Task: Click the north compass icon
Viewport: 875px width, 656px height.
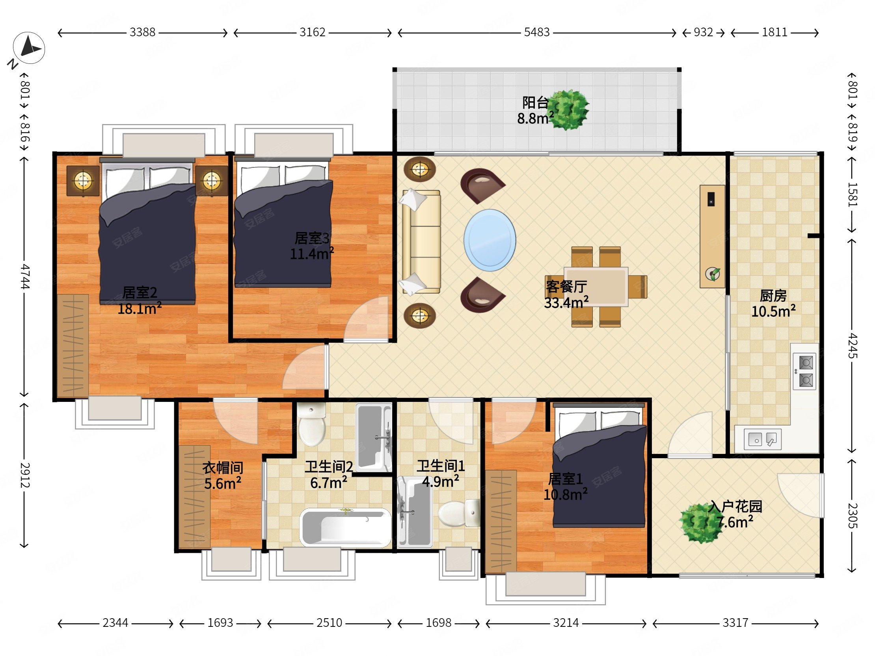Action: (29, 48)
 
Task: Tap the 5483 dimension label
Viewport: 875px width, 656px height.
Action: (537, 32)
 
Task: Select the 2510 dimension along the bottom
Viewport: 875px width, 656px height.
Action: (329, 623)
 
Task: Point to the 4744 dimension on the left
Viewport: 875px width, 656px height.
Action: (25, 277)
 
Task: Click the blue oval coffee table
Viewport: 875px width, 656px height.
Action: (490, 240)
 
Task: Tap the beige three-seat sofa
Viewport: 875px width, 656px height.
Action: (421, 242)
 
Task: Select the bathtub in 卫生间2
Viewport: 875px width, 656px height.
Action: (345, 528)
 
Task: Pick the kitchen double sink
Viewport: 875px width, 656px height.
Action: (763, 439)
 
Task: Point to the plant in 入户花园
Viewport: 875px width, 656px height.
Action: (700, 523)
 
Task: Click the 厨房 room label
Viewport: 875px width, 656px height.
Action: (773, 295)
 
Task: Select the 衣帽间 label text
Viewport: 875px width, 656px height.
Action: (223, 468)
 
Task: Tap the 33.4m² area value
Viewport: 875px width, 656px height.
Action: (566, 303)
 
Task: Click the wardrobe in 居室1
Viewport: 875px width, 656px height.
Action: (501, 521)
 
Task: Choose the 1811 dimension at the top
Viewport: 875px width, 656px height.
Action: (774, 32)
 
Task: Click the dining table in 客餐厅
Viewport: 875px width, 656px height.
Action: (596, 287)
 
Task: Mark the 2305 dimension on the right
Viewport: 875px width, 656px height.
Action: (852, 516)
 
